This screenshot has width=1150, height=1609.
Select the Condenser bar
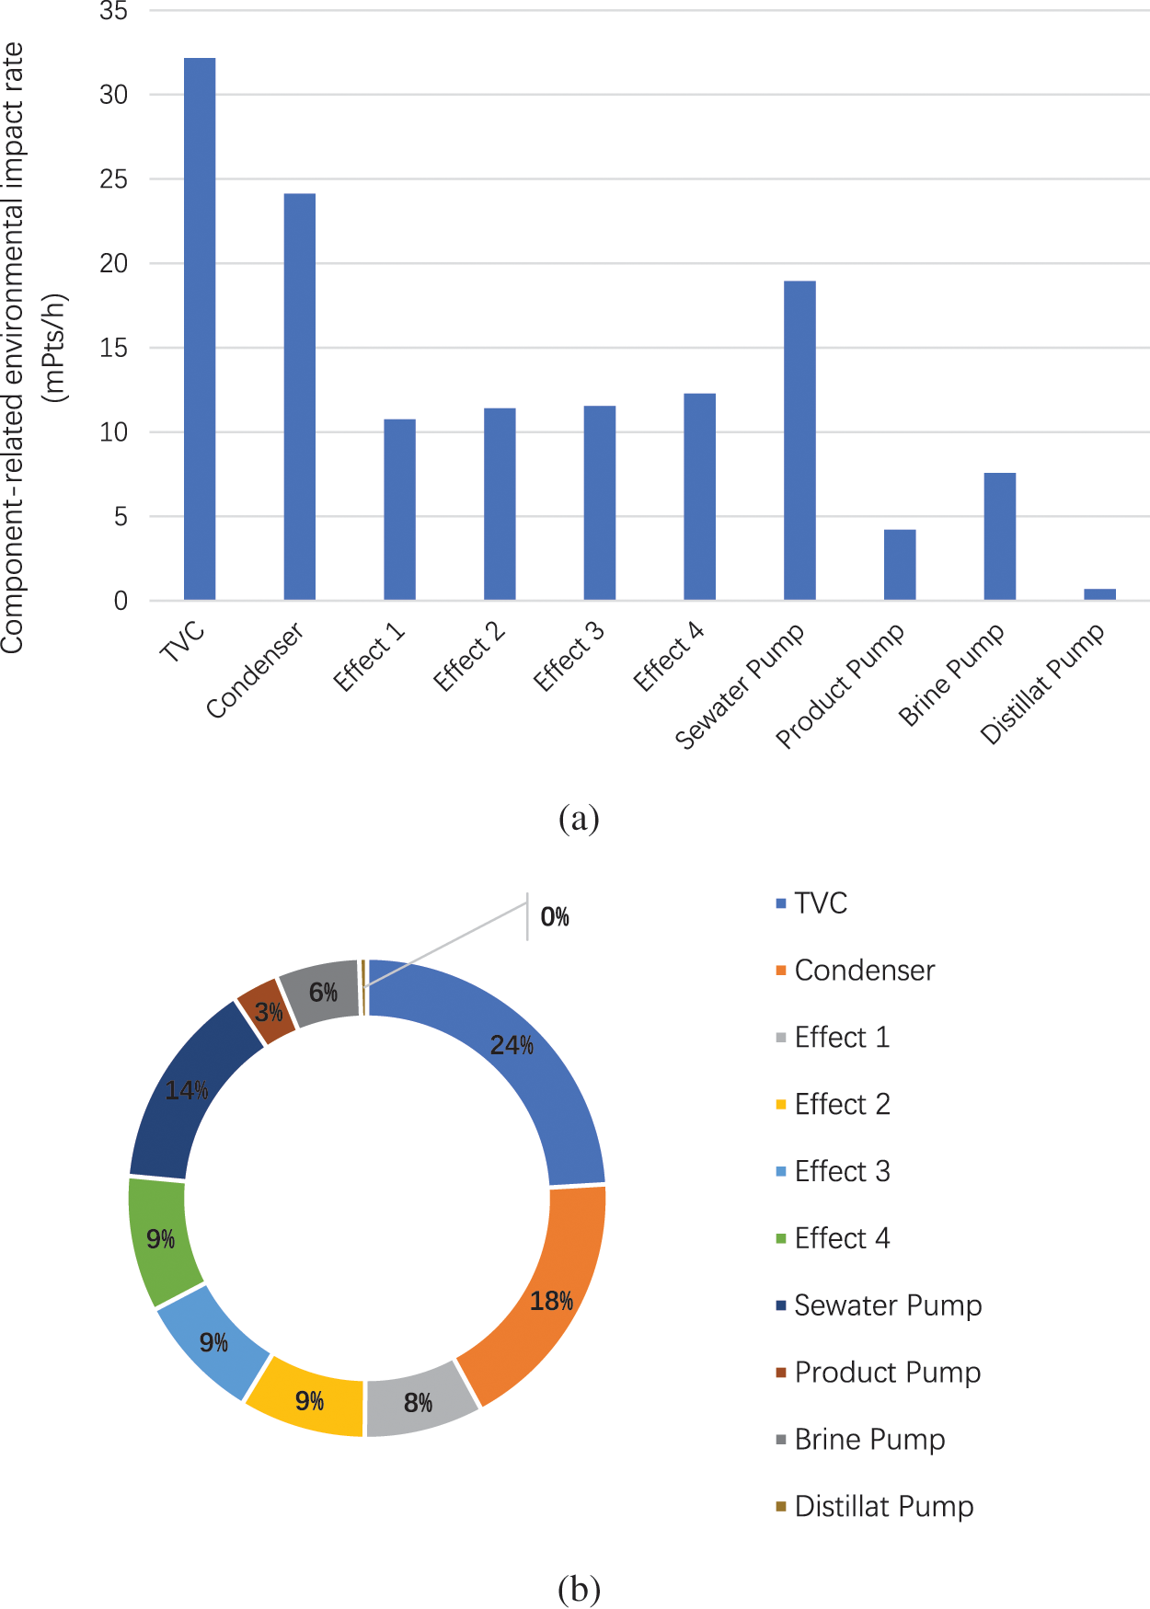pyautogui.click(x=300, y=397)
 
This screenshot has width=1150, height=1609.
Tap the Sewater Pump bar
pyautogui.click(x=799, y=441)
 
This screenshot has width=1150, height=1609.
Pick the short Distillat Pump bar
pyautogui.click(x=1099, y=594)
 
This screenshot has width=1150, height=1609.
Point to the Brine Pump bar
pyautogui.click(x=1000, y=536)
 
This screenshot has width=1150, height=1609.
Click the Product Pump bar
pyautogui.click(x=900, y=565)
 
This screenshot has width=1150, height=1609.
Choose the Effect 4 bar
pyautogui.click(x=699, y=497)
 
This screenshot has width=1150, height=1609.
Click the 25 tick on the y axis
pyautogui.click(x=114, y=179)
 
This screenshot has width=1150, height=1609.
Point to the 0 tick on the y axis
pyautogui.click(x=121, y=601)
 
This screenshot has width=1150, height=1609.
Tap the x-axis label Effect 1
pyautogui.click(x=370, y=656)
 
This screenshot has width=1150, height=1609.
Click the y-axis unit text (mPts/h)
pyautogui.click(x=56, y=348)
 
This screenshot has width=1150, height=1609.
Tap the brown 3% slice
pyautogui.click(x=266, y=1011)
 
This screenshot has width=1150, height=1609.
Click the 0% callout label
pyautogui.click(x=555, y=917)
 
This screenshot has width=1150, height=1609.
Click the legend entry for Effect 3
pyautogui.click(x=842, y=1171)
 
